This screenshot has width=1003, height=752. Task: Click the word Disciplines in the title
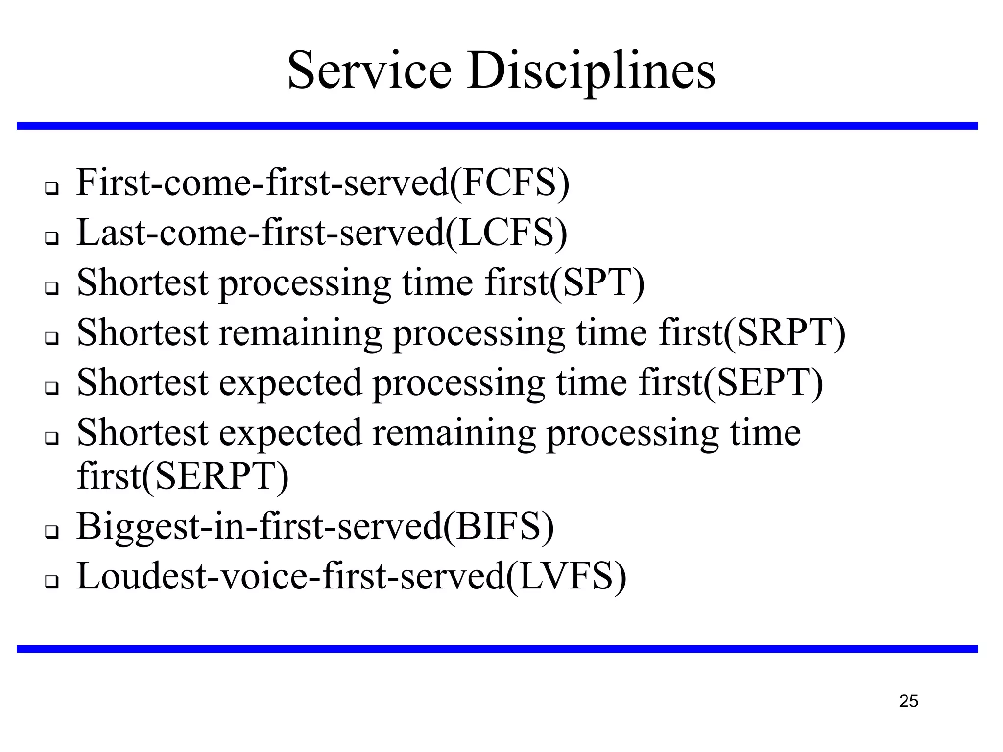[591, 72]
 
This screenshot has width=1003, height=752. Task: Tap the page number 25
[908, 701]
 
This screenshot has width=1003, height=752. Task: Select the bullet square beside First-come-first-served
[51, 188]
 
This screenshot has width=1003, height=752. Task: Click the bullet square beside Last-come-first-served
[51, 238]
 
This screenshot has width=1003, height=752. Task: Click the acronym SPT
[597, 283]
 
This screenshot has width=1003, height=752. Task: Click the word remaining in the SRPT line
[300, 333]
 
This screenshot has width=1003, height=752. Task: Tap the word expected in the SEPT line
[290, 383]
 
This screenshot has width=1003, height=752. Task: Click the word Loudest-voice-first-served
[291, 577]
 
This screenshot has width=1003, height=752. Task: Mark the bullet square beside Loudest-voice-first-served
[51, 582]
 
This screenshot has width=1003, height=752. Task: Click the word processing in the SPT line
[305, 284]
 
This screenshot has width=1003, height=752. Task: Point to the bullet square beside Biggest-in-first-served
[51, 532]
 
